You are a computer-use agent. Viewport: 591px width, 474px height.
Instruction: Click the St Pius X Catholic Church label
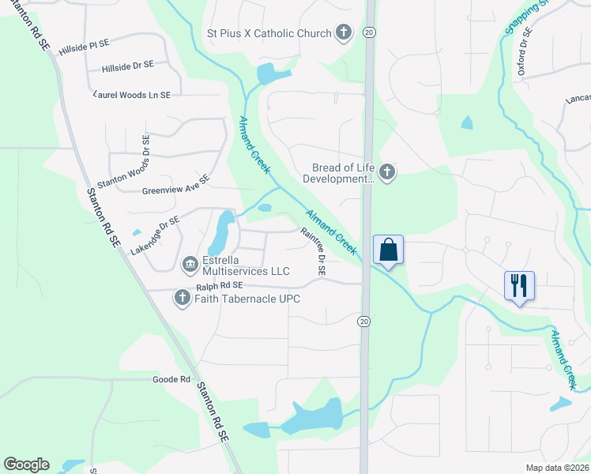click(x=268, y=33)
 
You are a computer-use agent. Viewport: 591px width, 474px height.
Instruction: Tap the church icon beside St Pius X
click(x=343, y=33)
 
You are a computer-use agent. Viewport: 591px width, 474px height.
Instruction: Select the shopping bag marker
click(x=388, y=250)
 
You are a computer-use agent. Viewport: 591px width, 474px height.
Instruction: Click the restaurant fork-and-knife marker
click(x=519, y=285)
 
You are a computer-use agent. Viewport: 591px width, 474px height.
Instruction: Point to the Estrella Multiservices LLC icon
click(x=190, y=263)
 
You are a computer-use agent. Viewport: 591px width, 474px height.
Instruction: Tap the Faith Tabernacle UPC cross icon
click(x=183, y=298)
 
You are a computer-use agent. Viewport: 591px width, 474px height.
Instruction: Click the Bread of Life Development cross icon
click(x=386, y=171)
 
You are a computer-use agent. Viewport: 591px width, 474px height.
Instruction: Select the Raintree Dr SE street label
click(x=312, y=251)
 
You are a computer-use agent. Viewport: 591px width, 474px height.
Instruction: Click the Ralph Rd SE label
click(x=220, y=286)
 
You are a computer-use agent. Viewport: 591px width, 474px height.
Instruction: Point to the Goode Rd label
click(x=172, y=379)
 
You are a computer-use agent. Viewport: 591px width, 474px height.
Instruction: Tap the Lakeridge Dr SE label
click(x=156, y=235)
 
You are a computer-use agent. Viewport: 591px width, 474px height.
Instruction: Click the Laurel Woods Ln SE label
click(x=132, y=95)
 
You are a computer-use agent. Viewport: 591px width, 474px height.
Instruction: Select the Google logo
click(x=26, y=465)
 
